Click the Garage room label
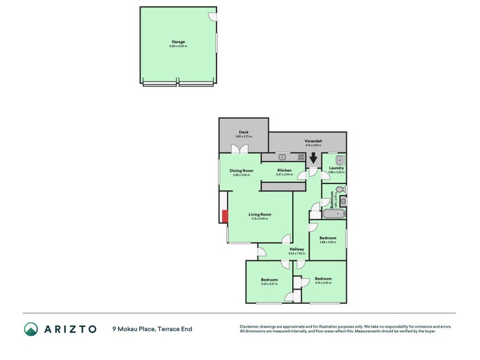(x=178, y=41)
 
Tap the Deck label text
(x=244, y=132)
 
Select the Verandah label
(x=314, y=141)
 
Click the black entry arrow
(x=313, y=159)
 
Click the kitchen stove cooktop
(x=300, y=157)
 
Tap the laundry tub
(x=339, y=160)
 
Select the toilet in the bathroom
(x=340, y=190)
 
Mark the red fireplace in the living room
(x=225, y=217)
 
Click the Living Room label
(x=260, y=214)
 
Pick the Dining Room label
(x=242, y=170)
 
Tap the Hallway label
(x=297, y=249)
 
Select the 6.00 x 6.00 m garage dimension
(x=178, y=46)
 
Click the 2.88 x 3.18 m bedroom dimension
(x=328, y=242)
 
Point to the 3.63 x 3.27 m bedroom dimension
(x=269, y=284)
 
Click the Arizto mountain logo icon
(x=31, y=329)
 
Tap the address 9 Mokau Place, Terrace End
(x=152, y=329)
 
